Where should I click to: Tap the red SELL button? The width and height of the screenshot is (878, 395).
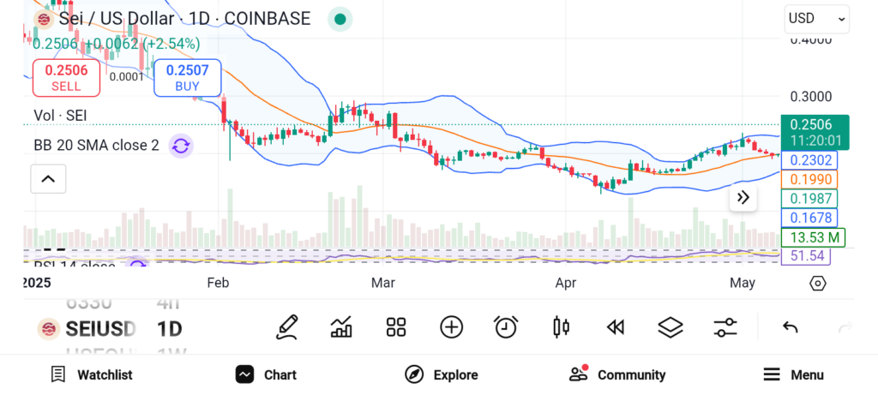pyautogui.click(x=66, y=78)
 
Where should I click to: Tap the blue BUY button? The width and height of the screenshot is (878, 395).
pyautogui.click(x=187, y=78)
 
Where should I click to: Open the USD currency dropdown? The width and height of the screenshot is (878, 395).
pyautogui.click(x=816, y=18)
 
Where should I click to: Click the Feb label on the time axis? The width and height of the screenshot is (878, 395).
pyautogui.click(x=218, y=283)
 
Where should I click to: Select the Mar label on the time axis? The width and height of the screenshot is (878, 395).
pyautogui.click(x=382, y=283)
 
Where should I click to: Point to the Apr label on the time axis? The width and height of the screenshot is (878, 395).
pyautogui.click(x=565, y=283)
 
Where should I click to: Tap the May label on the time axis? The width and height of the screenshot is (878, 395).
pyautogui.click(x=741, y=283)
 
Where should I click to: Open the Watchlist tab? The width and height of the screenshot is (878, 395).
pyautogui.click(x=91, y=374)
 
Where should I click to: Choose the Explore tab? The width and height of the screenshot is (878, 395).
pyautogui.click(x=441, y=374)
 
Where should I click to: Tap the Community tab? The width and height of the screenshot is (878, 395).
pyautogui.click(x=617, y=374)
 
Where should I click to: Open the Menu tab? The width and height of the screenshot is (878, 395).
pyautogui.click(x=793, y=374)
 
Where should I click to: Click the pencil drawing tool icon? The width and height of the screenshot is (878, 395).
pyautogui.click(x=287, y=326)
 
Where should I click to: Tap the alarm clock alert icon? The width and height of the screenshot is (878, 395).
pyautogui.click(x=506, y=326)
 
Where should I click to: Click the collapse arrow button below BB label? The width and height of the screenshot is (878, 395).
pyautogui.click(x=48, y=179)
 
